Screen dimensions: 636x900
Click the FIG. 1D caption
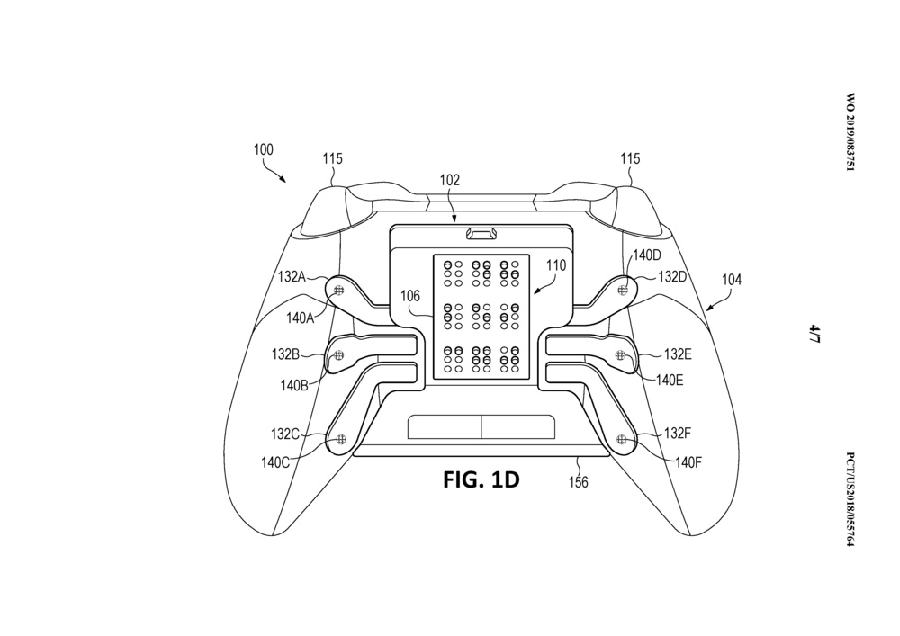tap(481, 479)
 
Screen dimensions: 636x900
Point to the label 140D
tap(646, 255)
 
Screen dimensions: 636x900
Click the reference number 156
tap(578, 483)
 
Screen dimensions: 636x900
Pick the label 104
tap(732, 280)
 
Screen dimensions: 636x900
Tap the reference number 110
tap(556, 266)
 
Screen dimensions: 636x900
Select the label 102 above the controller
tap(450, 180)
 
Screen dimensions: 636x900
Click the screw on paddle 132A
tap(339, 290)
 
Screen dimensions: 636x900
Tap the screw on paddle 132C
tap(340, 439)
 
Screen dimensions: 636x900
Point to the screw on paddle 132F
tap(621, 438)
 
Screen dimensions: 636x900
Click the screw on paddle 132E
tap(620, 357)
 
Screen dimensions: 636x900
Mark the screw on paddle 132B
tap(339, 357)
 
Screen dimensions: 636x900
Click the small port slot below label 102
tap(480, 235)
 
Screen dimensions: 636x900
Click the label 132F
tap(678, 433)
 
